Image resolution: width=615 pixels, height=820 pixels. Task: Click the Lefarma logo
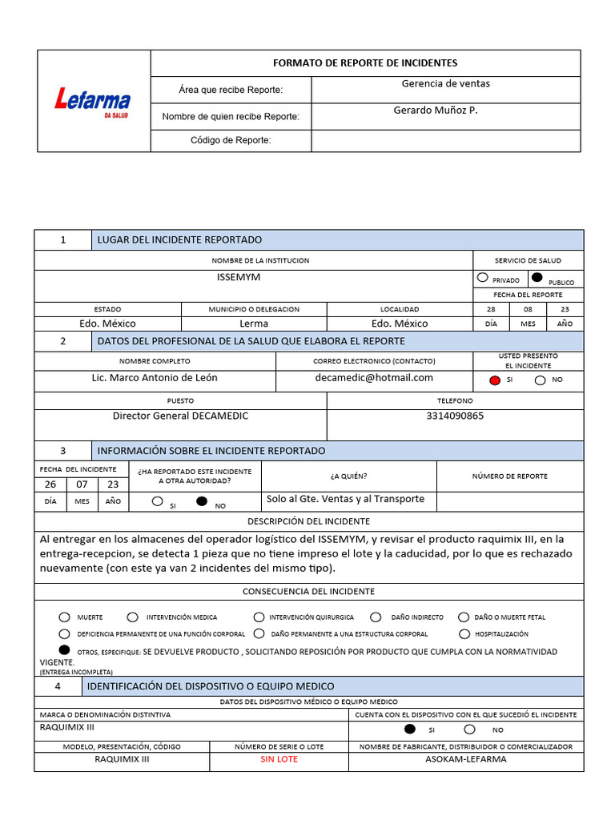coord(92,102)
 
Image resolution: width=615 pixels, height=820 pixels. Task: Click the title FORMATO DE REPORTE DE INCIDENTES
coord(365,63)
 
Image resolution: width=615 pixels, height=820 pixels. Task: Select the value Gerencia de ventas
coord(445,84)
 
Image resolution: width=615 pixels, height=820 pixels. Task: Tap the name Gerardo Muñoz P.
coord(435,111)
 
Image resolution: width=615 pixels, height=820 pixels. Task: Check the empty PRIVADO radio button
coord(482,278)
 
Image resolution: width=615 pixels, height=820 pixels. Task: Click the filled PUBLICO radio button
coord(537,278)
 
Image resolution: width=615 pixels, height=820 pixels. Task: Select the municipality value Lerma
coord(254,324)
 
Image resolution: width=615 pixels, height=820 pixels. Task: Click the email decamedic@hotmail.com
coord(374,378)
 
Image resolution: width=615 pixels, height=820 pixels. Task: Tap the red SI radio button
coord(495,380)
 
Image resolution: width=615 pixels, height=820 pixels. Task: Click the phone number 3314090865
coord(455,416)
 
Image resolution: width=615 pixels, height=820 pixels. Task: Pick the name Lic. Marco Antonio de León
coord(155,378)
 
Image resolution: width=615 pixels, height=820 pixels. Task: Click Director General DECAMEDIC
coord(180,416)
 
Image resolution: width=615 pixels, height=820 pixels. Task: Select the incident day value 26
coord(50,484)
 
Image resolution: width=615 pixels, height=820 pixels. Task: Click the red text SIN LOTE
coord(279,759)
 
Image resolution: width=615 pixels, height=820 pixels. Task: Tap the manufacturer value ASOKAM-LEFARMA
coord(465,759)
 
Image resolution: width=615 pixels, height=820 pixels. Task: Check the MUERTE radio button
coord(64,617)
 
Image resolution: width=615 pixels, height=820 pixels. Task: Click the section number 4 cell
coord(57,686)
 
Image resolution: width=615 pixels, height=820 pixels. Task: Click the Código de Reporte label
coord(231,141)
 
